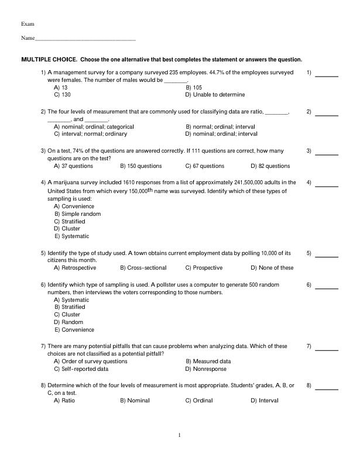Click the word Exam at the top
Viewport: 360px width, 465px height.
pyautogui.click(x=28, y=24)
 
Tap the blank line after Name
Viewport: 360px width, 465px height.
pyautogui.click(x=85, y=39)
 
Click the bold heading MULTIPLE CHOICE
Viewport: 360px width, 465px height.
pyautogui.click(x=49, y=60)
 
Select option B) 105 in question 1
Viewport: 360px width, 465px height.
pyautogui.click(x=194, y=87)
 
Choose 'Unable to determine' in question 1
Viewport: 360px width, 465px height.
pyautogui.click(x=215, y=95)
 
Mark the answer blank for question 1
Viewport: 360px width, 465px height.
pyautogui.click(x=327, y=76)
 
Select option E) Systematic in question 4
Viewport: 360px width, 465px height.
pyautogui.click(x=71, y=236)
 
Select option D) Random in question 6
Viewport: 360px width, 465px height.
pyautogui.click(x=68, y=322)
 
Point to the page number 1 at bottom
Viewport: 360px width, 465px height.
pyautogui.click(x=180, y=435)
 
